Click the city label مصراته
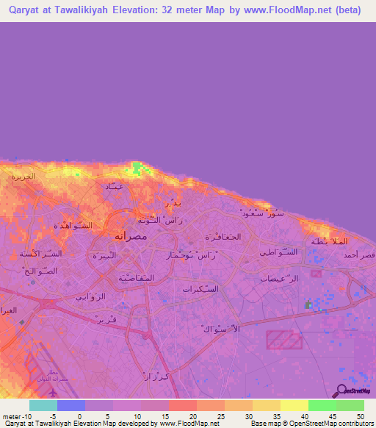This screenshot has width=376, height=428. tap(132, 237)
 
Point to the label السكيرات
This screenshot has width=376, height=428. tap(199, 290)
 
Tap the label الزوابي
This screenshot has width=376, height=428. tap(91, 297)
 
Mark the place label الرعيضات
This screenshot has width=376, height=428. tap(280, 279)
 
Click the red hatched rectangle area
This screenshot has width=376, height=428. tap(283, 340)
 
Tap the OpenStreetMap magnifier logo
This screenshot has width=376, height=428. tap(340, 390)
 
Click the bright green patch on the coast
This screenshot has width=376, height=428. tap(137, 171)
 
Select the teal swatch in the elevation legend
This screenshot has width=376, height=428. tap(43, 405)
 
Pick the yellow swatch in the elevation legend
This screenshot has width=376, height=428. tap(294, 405)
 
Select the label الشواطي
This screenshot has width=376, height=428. tap(279, 252)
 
